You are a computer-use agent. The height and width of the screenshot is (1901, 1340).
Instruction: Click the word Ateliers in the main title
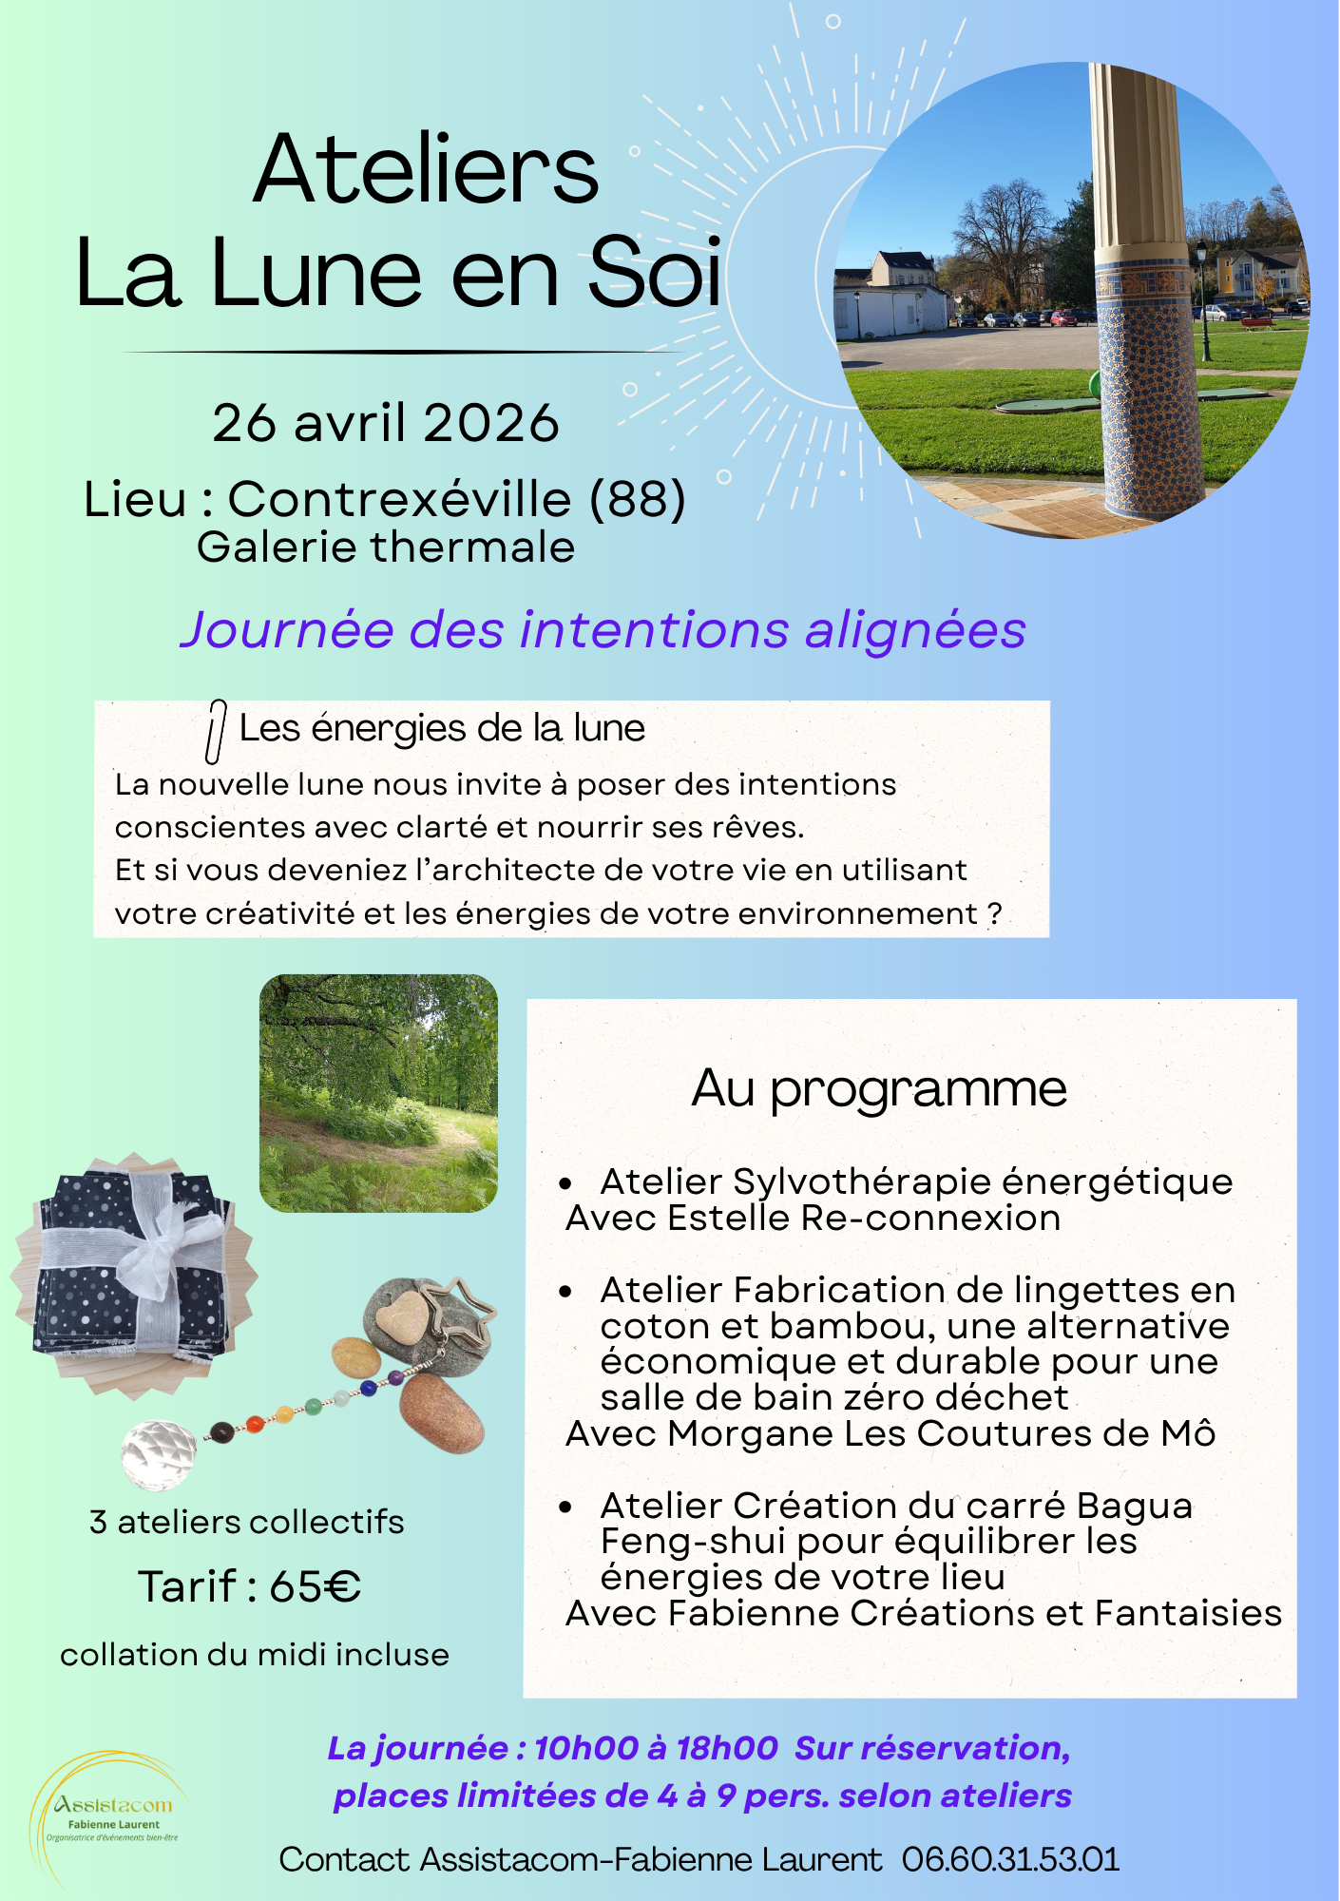[426, 171]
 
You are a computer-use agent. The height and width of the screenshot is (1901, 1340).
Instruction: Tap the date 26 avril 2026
[386, 423]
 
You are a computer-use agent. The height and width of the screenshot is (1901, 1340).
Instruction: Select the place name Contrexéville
[399, 499]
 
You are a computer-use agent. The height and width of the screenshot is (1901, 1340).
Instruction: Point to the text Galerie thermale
[386, 548]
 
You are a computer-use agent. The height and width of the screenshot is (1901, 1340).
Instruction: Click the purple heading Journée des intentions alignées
[603, 630]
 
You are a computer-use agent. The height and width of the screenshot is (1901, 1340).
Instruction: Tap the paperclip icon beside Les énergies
[216, 731]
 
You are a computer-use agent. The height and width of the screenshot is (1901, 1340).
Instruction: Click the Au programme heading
[879, 1088]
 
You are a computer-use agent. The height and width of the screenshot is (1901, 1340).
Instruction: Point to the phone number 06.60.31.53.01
[1010, 1859]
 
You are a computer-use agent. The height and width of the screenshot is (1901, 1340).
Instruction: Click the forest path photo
[378, 1093]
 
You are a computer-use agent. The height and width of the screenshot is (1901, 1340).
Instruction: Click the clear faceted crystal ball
[159, 1453]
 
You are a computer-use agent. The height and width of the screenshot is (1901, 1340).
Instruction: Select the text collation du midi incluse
[255, 1655]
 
